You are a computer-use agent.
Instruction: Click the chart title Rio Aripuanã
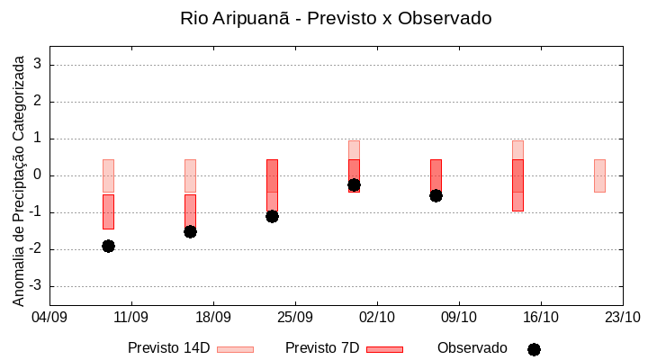pyautogui.click(x=336, y=18)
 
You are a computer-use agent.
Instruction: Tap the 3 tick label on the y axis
pyautogui.click(x=38, y=65)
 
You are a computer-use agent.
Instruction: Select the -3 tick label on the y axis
pyautogui.click(x=34, y=286)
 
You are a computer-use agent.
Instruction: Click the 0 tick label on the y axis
pyautogui.click(x=38, y=175)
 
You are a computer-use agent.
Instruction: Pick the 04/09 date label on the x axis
pyautogui.click(x=49, y=317)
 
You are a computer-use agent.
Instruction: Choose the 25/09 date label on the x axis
pyautogui.click(x=294, y=317)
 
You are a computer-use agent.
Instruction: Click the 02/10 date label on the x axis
pyautogui.click(x=376, y=317)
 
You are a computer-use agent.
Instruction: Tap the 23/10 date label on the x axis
pyautogui.click(x=622, y=317)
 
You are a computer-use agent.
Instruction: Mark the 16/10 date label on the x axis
pyautogui.click(x=540, y=317)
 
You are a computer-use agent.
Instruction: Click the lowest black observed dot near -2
pyautogui.click(x=108, y=246)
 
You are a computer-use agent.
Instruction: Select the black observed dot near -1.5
pyautogui.click(x=190, y=231)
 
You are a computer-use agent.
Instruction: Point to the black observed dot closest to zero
pyautogui.click(x=354, y=184)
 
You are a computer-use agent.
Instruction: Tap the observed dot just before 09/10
pyautogui.click(x=436, y=195)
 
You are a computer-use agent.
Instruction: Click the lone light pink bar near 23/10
pyautogui.click(x=599, y=175)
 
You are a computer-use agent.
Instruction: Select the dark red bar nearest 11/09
pyautogui.click(x=108, y=211)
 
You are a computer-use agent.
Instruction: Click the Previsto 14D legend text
pyautogui.click(x=168, y=348)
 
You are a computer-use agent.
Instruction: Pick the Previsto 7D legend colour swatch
pyautogui.click(x=384, y=348)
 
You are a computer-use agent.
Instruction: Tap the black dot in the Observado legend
pyautogui.click(x=534, y=349)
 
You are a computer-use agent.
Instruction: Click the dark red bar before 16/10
pyautogui.click(x=517, y=185)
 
